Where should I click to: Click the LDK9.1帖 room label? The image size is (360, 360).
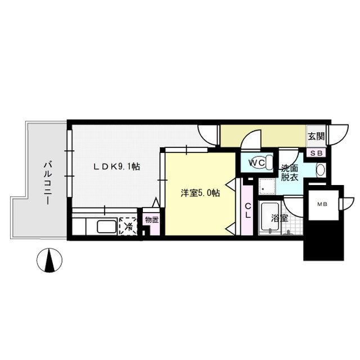[x=116, y=166]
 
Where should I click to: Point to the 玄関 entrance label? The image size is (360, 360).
[x=316, y=136]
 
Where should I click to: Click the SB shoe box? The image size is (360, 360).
[x=316, y=152]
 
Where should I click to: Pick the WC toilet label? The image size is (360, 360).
[x=257, y=162]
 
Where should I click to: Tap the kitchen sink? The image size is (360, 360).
[x=106, y=227]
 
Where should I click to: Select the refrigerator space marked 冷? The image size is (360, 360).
[x=128, y=226]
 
